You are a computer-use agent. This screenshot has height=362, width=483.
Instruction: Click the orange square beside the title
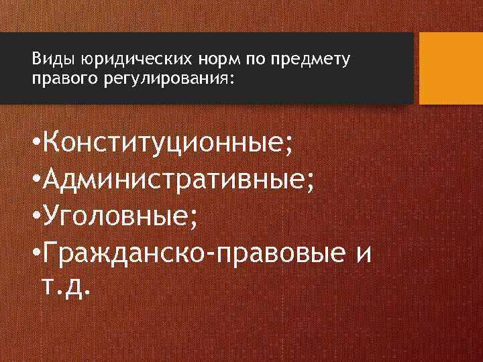(451, 68)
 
